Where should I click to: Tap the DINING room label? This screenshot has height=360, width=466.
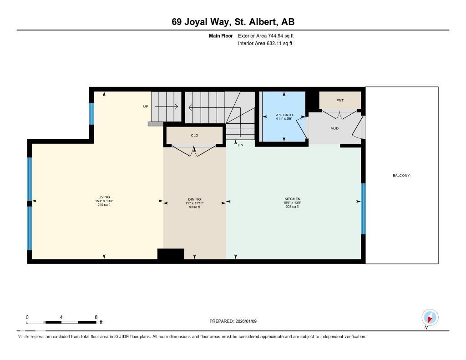(195, 199)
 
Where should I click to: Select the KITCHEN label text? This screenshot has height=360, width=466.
(293, 199)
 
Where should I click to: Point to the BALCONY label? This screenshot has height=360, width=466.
(402, 175)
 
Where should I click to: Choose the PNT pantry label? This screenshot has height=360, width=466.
(339, 100)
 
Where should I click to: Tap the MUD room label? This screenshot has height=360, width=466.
(334, 128)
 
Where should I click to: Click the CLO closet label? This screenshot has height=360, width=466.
(194, 135)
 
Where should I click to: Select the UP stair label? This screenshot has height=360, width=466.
(146, 106)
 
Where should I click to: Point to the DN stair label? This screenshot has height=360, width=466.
(240, 145)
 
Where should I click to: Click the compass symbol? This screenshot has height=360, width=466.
(430, 317)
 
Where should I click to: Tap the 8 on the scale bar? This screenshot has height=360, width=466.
(96, 317)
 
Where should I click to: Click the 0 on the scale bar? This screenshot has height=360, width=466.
(27, 317)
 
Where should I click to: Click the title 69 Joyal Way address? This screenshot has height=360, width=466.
(233, 22)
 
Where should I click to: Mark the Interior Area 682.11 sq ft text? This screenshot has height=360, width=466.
(265, 44)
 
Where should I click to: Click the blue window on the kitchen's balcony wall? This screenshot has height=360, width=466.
(363, 208)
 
